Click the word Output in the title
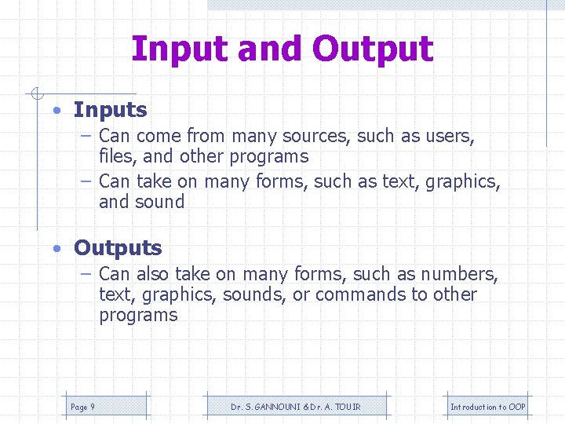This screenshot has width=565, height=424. click(x=373, y=49)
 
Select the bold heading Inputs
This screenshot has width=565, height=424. click(x=110, y=110)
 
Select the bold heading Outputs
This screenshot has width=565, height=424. click(x=118, y=248)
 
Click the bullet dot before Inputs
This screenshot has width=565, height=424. click(x=58, y=111)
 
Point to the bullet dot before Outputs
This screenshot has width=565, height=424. click(x=58, y=249)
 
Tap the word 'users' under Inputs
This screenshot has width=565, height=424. click(x=450, y=136)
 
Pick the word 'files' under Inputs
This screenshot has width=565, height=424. click(x=116, y=156)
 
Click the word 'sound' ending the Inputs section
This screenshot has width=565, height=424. click(x=162, y=202)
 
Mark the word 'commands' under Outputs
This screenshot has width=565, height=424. click(x=352, y=294)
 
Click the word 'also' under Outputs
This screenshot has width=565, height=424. click(x=152, y=274)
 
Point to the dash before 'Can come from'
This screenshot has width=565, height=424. click(x=87, y=136)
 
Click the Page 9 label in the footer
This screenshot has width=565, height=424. click(x=82, y=407)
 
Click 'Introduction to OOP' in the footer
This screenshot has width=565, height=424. click(x=487, y=407)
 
